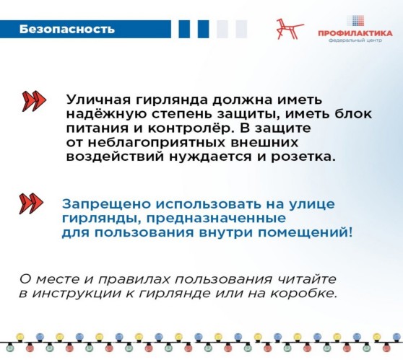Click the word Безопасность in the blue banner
pos(67,30)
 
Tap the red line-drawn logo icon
pos(290,29)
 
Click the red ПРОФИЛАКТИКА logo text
pos(355,33)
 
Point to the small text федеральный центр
pos(355,40)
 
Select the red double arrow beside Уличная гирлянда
pos(34,101)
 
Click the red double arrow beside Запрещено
pos(31,203)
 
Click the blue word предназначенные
pos(217,219)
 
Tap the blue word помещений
pos(305,232)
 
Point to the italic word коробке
pos(303,293)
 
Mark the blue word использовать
pos(209,204)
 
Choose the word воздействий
pos(115,157)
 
